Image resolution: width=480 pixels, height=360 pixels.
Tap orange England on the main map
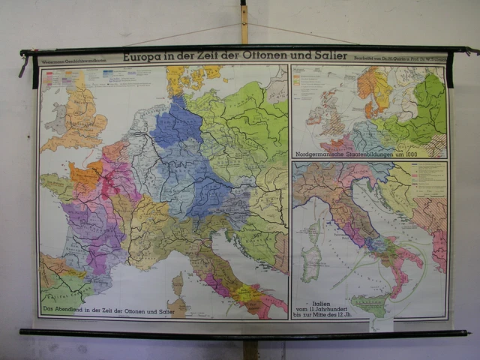83,112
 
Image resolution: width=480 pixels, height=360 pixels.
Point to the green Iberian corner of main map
60,281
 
